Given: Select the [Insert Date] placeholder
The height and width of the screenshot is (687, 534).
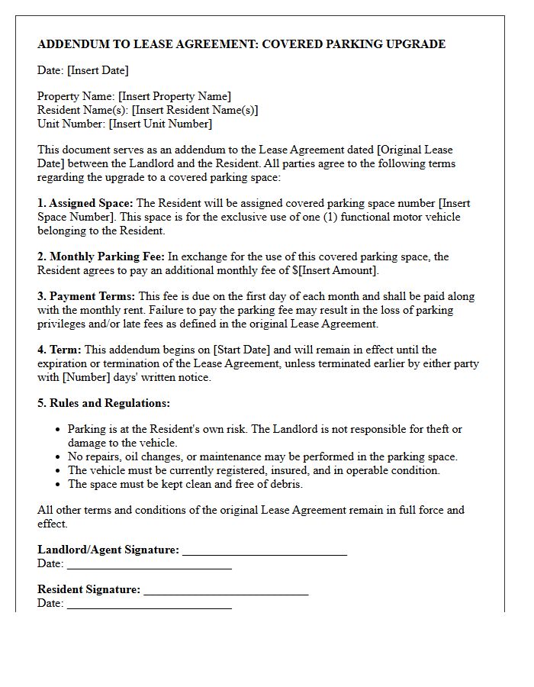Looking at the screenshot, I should (98, 70).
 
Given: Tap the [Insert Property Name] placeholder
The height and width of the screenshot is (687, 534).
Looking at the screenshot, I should (175, 96).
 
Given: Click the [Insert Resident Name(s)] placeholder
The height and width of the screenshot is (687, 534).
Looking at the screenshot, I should (195, 110).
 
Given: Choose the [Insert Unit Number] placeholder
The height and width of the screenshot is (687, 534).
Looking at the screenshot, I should (160, 124).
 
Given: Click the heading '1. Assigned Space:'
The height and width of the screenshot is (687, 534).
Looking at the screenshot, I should (85, 203).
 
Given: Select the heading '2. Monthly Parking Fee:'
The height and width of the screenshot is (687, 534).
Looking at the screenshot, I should (101, 256).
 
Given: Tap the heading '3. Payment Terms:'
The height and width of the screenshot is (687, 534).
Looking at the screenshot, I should (87, 296).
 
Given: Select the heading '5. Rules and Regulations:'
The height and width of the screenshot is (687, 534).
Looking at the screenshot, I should (104, 403).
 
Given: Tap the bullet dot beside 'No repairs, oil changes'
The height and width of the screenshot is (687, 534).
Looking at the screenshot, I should (58, 457).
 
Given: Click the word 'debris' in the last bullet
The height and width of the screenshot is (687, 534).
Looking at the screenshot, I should (286, 484).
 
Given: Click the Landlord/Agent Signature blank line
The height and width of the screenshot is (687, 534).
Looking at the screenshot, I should (265, 550).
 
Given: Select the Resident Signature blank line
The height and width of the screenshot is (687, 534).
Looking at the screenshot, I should (226, 590).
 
